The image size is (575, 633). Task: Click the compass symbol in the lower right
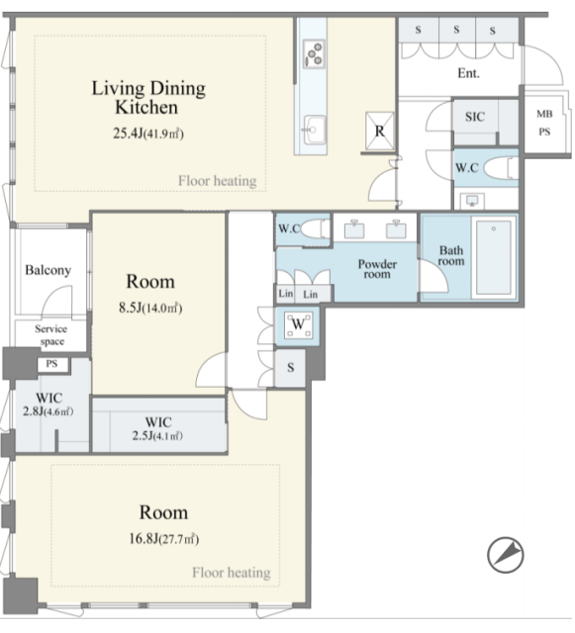point(505,555)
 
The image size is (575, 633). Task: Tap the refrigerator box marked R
point(379,131)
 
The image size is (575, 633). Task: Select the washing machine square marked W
point(298,325)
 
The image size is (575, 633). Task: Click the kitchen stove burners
point(314,53)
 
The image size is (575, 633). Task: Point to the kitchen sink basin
point(315,130)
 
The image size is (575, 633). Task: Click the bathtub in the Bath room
point(494,257)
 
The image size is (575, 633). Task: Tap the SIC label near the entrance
point(475,117)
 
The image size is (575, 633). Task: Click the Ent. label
point(469,73)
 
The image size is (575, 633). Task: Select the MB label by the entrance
point(544,114)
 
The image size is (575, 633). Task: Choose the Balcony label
point(48,270)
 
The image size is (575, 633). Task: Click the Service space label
point(50,335)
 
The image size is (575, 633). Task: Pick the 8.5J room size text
point(150,308)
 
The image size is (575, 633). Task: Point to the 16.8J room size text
point(163,538)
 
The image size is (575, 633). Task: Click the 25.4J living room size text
point(148,134)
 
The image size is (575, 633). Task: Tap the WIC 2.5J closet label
point(158,428)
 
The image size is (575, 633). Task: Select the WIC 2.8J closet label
point(48,405)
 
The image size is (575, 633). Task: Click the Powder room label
point(377,269)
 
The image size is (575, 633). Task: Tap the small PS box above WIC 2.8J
point(51,365)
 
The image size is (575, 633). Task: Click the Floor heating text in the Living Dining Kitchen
point(218,181)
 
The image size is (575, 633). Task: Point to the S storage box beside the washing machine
point(290,368)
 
